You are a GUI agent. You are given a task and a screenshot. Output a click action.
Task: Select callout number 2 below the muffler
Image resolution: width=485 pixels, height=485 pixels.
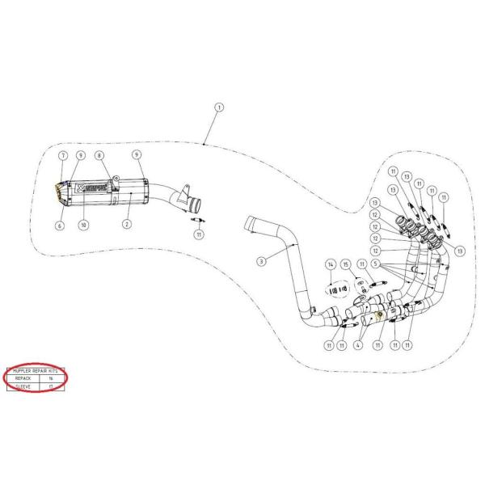tap(126, 222)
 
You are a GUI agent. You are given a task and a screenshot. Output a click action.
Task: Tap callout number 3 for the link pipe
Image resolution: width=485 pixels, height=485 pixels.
tap(261, 260)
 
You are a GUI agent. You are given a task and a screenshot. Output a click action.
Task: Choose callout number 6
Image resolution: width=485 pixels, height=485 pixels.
tap(59, 226)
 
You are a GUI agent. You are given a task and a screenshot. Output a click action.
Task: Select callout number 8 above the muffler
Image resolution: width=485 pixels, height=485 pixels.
tap(99, 154)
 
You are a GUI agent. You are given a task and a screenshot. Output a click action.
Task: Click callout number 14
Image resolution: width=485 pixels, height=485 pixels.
tap(330, 264)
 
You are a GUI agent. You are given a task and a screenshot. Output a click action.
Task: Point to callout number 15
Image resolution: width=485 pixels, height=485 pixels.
tap(346, 264)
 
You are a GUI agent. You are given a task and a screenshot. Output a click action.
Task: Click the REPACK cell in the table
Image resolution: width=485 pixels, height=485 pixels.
tap(20, 377)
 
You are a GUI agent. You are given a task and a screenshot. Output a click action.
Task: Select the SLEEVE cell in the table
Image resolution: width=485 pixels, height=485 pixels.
tap(20, 387)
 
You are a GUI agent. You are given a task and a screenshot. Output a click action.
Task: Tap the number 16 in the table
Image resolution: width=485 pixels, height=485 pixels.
tap(51, 377)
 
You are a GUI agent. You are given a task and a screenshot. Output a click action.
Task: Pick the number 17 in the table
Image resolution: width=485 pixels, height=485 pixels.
tap(51, 387)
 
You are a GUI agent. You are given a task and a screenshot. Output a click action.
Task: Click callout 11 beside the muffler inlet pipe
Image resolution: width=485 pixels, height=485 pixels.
tap(198, 234)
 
